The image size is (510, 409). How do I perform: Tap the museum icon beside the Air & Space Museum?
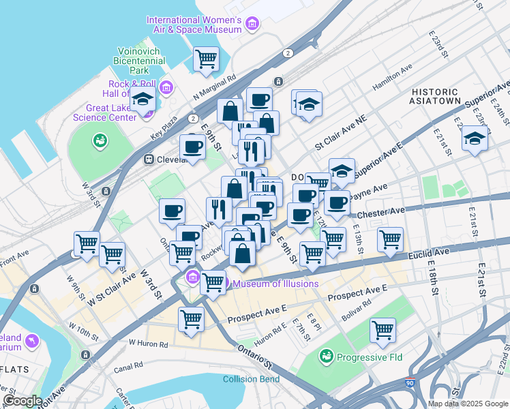point(252,25)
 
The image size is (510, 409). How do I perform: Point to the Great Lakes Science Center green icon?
point(100,140)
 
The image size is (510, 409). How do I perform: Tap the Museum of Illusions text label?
point(275,284)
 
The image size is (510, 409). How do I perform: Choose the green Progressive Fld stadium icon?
point(327,357)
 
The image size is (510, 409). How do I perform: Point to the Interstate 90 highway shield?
point(410,385)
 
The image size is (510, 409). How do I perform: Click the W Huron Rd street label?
point(147,343)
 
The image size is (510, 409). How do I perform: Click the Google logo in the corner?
point(22,401)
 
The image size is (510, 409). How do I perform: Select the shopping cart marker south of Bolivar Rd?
point(382,330)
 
